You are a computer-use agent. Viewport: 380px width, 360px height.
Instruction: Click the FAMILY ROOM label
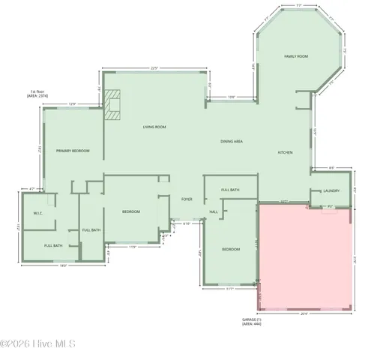pos(296,57)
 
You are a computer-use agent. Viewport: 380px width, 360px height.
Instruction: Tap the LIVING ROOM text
pos(154,127)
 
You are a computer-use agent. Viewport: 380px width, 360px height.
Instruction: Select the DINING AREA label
pos(231,142)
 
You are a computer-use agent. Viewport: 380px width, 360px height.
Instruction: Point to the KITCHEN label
pos(285,153)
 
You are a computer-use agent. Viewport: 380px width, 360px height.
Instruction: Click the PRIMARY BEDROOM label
pos(73,151)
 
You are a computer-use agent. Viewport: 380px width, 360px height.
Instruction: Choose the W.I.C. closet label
pos(38,213)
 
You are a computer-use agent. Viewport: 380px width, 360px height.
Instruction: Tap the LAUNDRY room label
pos(331,190)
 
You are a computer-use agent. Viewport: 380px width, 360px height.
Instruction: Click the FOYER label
pos(187,199)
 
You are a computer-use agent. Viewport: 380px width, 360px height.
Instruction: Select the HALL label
pos(214,212)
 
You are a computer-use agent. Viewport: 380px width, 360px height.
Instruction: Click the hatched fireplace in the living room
pos(112,106)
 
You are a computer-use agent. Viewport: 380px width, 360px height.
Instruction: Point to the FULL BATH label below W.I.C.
pos(52,246)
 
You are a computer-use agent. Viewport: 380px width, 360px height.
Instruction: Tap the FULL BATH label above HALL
pos(230,190)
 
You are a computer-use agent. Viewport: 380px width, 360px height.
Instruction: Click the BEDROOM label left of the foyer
pos(131,212)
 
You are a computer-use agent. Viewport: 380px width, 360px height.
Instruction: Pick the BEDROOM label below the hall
pos(230,249)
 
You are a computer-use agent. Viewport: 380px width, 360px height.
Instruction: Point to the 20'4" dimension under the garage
pos(304,313)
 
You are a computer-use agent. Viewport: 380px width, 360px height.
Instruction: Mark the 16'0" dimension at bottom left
pos(64,265)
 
